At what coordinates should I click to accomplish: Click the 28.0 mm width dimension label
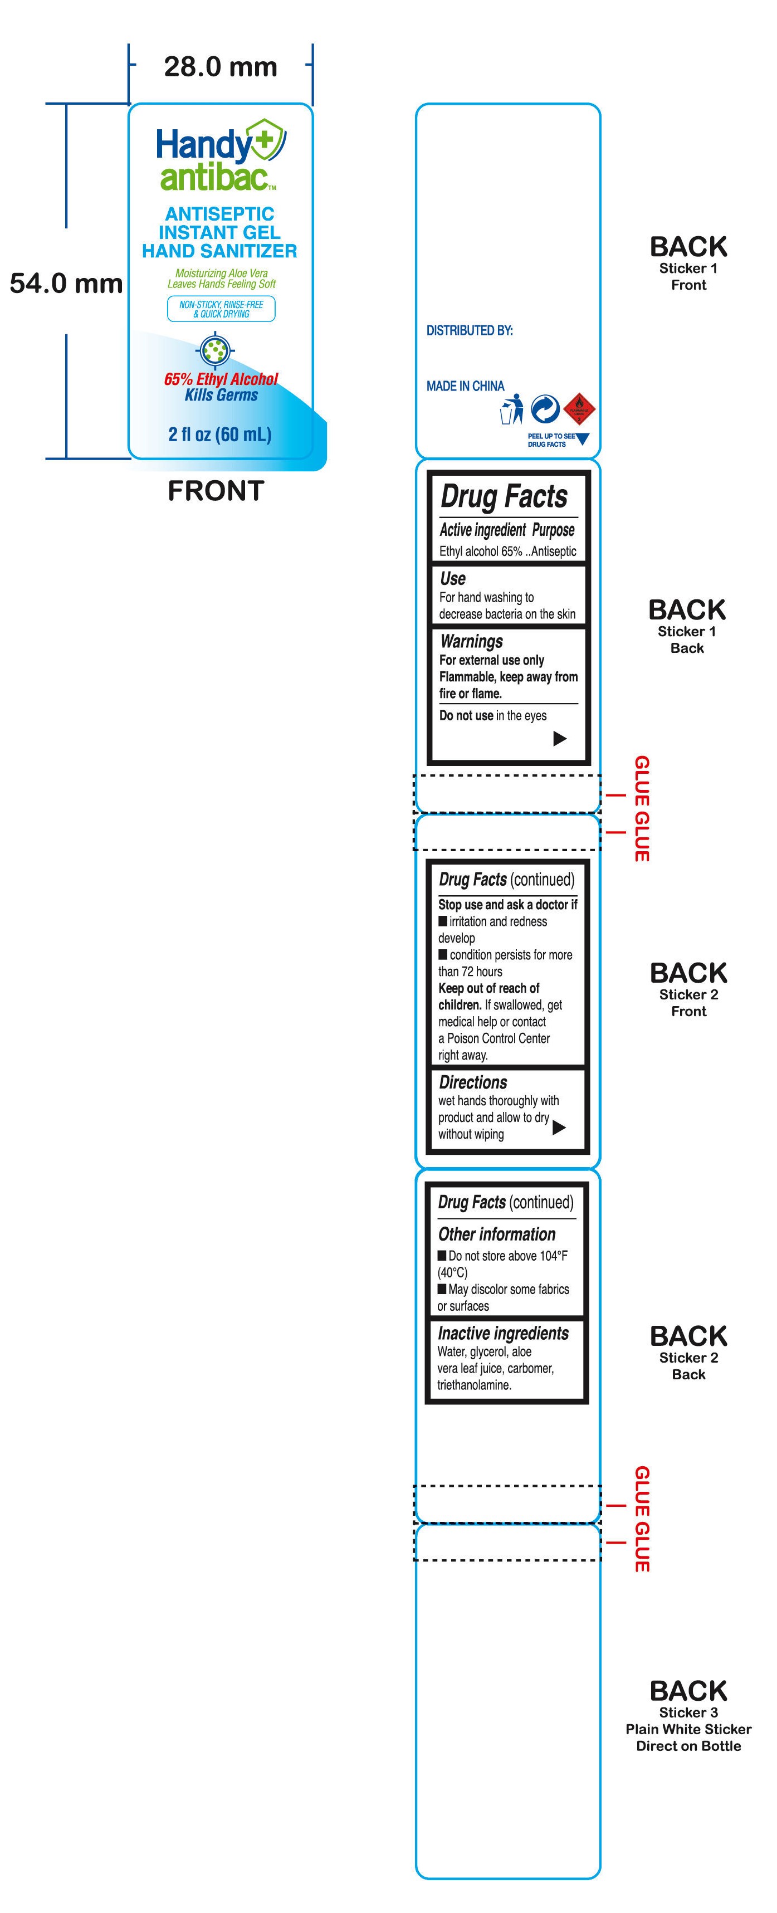point(220,67)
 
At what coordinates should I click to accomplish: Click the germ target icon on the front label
point(216,350)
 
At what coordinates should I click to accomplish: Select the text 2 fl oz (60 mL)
point(220,434)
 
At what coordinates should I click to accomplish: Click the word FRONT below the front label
point(216,491)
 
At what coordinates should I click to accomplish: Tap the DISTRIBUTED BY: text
point(470,330)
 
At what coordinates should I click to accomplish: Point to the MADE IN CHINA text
point(465,386)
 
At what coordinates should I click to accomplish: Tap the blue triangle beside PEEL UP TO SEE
point(583,439)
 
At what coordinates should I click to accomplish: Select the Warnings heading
point(471,641)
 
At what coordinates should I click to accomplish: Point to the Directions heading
point(473,1082)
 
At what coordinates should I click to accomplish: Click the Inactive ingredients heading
point(503,1333)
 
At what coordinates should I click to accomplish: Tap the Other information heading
point(496,1234)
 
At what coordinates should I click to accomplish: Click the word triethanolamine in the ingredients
point(474,1385)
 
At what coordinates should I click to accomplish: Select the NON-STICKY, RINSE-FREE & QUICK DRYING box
point(221,309)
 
